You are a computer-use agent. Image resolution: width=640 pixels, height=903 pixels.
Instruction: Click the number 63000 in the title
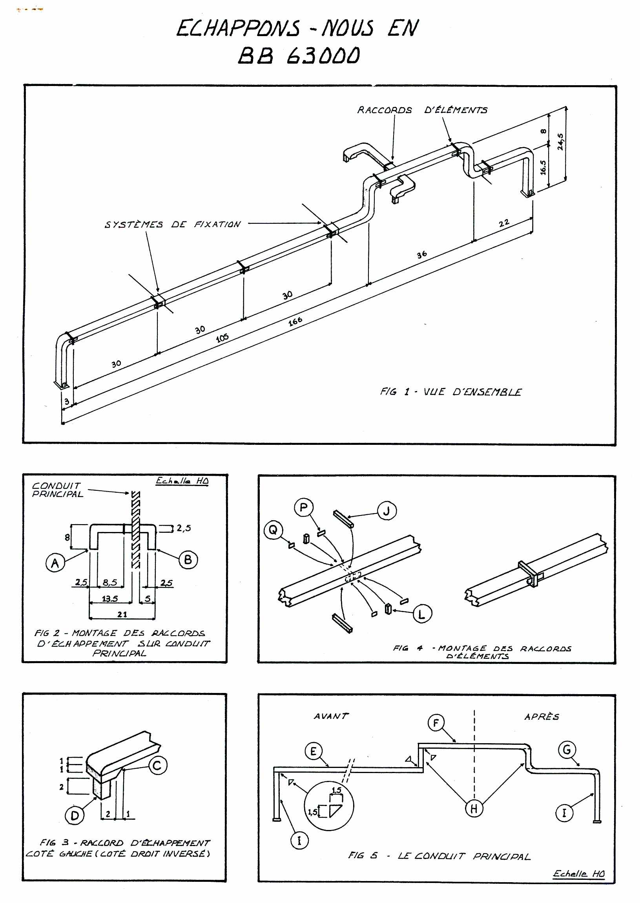coord(323,56)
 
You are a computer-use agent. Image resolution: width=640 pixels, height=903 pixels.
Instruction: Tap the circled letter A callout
coord(55,563)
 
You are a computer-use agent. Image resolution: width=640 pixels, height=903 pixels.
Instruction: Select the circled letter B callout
coord(188,559)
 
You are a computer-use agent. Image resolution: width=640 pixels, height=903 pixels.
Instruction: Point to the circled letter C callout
coord(158,765)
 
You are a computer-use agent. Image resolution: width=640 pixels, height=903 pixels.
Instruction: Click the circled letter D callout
coord(75,815)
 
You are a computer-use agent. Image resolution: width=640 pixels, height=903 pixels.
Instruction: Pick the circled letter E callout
coord(313,751)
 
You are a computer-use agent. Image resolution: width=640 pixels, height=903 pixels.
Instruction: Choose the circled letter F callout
coord(436,723)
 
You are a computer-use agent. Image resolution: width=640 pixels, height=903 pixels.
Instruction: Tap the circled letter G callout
coord(567,749)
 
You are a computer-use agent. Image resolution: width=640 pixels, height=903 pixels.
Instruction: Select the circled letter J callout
coord(387,511)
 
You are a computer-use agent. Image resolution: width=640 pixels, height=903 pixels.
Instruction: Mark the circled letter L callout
coord(422,614)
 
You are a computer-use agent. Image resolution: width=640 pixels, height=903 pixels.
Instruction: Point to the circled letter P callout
coord(303,508)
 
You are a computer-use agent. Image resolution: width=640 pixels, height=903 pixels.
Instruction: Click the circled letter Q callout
coord(273,530)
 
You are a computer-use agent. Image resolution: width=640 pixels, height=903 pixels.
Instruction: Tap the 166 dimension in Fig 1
coord(295,322)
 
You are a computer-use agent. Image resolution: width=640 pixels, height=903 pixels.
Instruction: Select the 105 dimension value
coord(222,338)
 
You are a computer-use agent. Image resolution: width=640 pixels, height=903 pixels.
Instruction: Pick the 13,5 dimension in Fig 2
coord(110,599)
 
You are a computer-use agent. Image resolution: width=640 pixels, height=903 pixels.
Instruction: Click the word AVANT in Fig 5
coord(331,716)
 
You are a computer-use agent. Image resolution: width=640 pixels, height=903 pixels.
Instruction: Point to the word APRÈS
coord(542,717)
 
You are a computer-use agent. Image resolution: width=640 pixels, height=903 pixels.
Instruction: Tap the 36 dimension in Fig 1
coord(422,254)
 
